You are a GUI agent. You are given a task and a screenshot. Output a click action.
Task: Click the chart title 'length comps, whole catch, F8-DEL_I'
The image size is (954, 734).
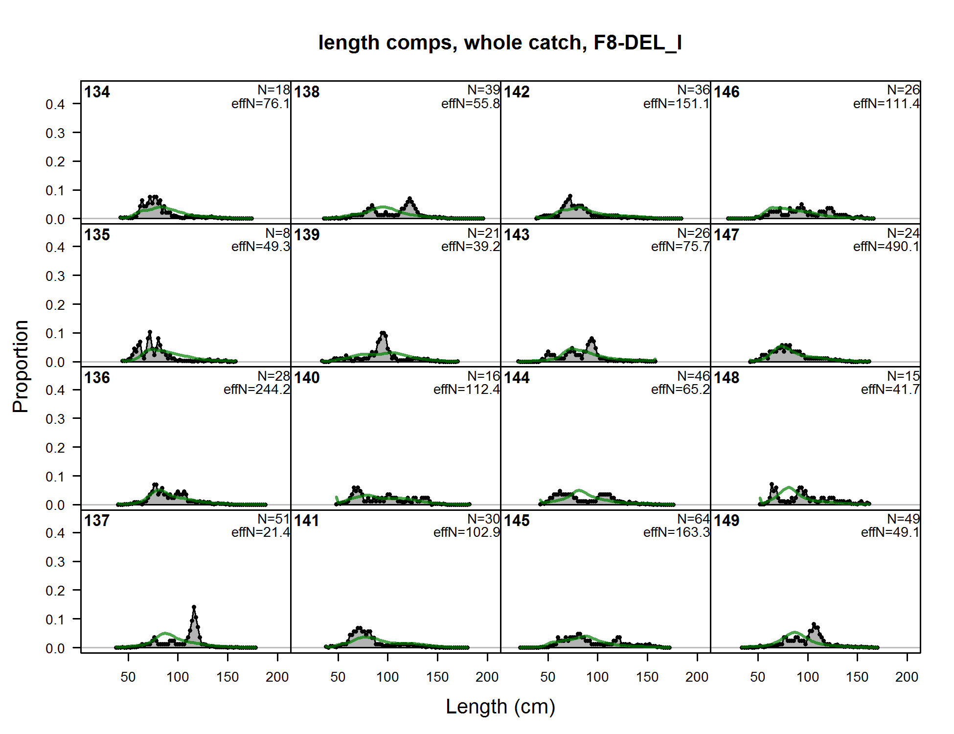tap(500, 43)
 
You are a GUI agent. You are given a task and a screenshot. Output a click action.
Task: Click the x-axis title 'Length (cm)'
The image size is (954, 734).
tap(500, 707)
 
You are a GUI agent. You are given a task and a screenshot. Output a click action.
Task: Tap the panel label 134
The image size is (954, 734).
tap(97, 92)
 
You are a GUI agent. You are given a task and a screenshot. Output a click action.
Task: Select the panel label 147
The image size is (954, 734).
tap(727, 235)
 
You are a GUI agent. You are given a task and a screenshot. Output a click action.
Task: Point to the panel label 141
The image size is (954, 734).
tap(307, 521)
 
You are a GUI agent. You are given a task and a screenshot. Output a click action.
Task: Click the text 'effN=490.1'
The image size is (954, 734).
tap(886, 247)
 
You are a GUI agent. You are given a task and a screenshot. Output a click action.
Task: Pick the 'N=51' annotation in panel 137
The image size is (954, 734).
tap(273, 519)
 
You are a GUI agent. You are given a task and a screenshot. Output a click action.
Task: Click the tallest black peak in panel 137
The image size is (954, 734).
tap(194, 608)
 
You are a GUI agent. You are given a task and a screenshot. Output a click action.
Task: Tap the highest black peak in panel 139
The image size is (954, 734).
tap(383, 334)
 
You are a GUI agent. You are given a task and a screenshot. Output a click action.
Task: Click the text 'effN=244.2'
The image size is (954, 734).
tap(256, 390)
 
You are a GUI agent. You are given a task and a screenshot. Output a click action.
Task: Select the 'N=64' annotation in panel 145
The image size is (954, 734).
tap(693, 519)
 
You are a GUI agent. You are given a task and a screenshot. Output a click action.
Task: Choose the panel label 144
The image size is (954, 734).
tap(517, 378)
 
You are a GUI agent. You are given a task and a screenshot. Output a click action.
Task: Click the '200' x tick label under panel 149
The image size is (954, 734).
tap(907, 677)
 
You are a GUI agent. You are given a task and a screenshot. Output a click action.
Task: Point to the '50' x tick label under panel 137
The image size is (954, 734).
tap(128, 677)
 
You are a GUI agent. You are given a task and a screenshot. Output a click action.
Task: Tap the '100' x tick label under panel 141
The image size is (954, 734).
tap(387, 677)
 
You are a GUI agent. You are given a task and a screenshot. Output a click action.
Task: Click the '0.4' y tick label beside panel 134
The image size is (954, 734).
tap(55, 104)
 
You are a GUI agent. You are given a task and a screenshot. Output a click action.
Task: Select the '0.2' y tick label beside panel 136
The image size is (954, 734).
tap(55, 448)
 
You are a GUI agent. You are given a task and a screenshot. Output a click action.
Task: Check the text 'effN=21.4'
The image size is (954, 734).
tap(260, 532)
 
